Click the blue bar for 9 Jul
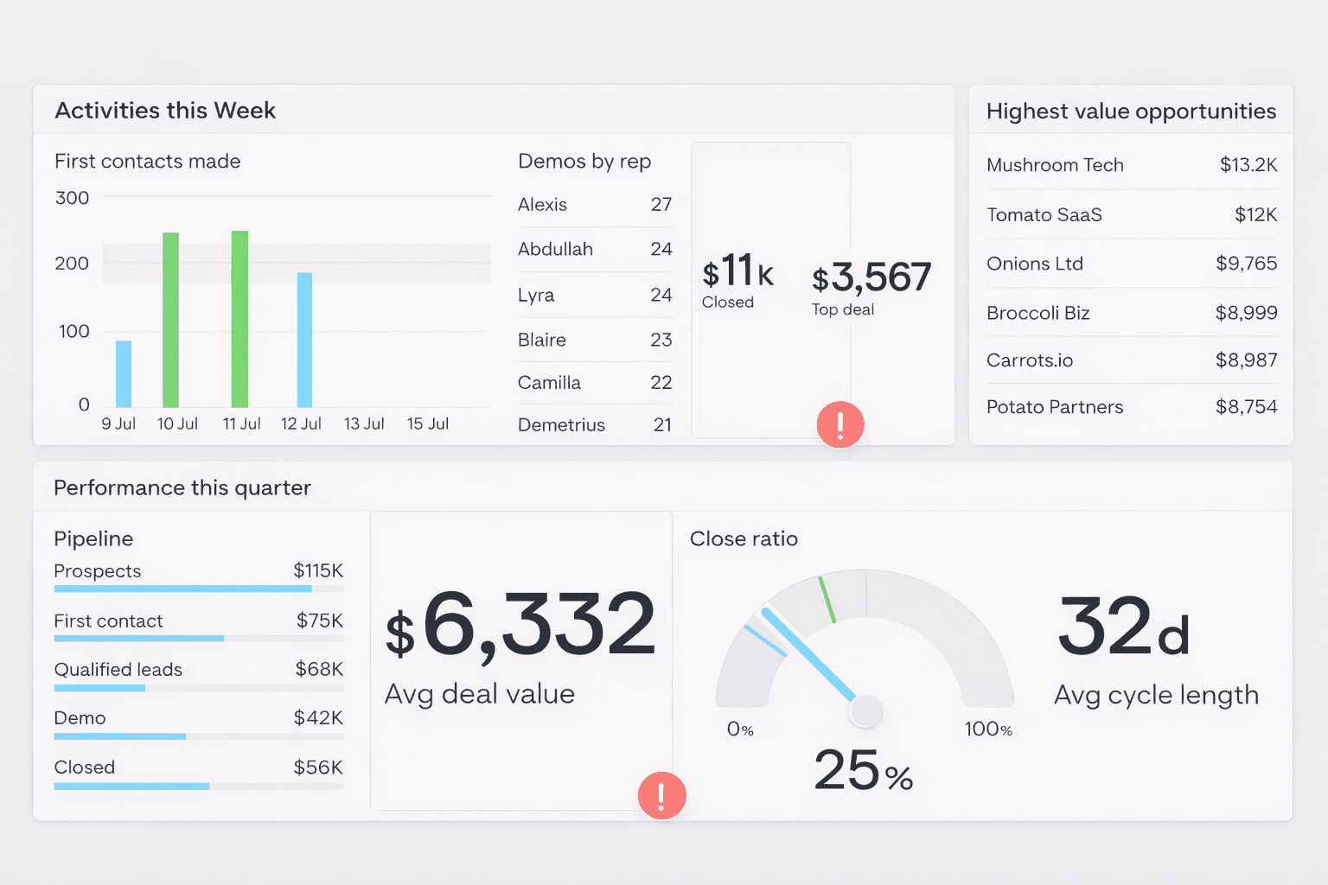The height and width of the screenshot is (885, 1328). pos(124,373)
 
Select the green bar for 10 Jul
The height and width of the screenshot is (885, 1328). pos(170,320)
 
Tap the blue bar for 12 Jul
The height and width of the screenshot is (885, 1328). pos(304,340)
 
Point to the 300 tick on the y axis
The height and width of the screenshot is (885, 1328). pos(73,198)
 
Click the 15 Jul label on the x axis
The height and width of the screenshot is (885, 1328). pos(428,423)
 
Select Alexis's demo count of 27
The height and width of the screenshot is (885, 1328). pos(661,205)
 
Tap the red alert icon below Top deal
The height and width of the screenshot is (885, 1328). pos(840,424)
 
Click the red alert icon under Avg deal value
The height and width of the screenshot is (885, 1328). pos(661,795)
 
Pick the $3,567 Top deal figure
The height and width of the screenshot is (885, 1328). pos(871,277)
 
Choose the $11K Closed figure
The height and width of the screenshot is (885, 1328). pos(737,271)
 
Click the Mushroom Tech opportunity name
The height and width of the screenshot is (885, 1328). pos(1055,165)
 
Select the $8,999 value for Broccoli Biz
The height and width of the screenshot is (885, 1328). pos(1246,313)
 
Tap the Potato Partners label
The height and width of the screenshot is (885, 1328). pos(1055,407)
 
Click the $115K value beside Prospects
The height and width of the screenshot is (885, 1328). pos(318,570)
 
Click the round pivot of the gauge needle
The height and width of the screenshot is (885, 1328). pos(865,711)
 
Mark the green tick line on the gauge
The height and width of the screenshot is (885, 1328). pos(827,600)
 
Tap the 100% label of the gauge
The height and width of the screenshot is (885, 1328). pos(988,729)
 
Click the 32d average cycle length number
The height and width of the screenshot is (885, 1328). pos(1123,627)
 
